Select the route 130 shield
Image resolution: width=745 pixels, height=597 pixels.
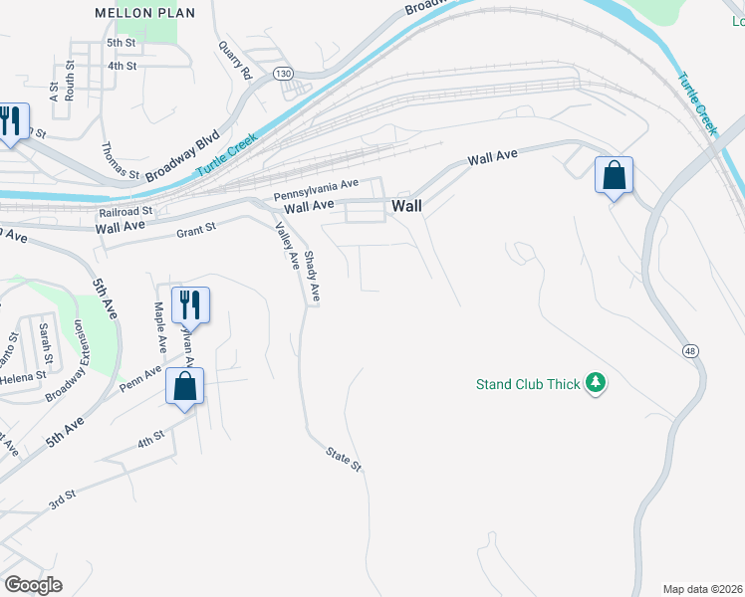283,74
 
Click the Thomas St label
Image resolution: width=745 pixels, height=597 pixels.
121,160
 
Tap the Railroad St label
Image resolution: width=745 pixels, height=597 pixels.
125,212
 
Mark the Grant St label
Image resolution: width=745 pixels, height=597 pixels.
196,232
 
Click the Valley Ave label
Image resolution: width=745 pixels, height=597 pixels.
287,246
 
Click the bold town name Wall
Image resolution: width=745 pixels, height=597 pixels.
406,206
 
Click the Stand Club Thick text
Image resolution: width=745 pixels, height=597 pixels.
528,383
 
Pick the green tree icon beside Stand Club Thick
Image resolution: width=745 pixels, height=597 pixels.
596,383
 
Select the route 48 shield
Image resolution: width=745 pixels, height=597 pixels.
689,351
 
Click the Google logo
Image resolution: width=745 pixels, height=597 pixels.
33,585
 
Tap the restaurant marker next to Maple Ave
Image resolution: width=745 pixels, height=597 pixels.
190,303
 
